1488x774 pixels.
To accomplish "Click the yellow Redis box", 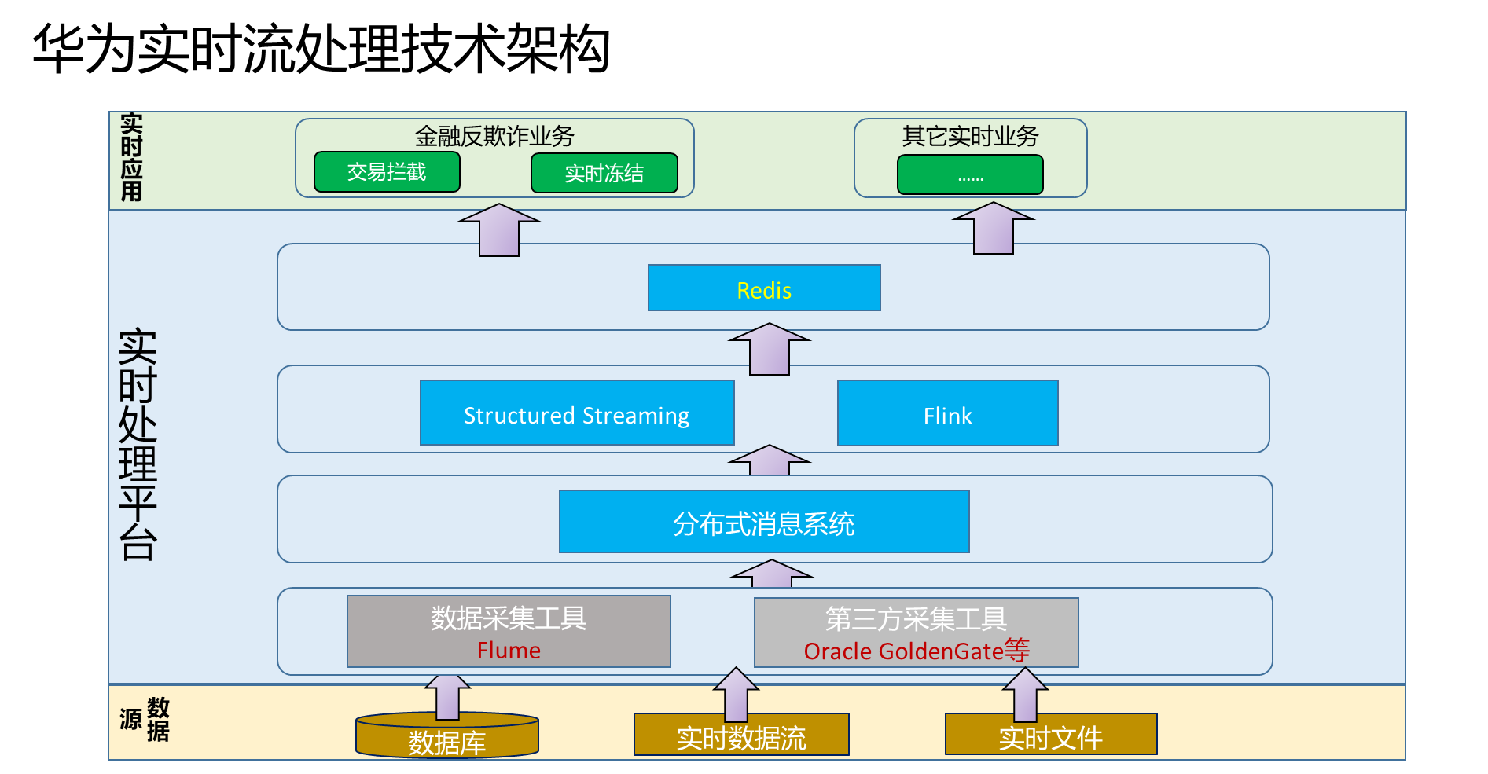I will (x=764, y=288).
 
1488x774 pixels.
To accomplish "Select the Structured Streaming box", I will (x=577, y=413).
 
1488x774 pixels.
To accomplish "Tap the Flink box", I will (x=947, y=413).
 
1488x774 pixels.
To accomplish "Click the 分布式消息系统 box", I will (x=763, y=522).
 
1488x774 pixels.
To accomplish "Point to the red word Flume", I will (x=509, y=651).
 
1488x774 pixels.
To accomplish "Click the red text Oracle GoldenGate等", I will (x=917, y=651).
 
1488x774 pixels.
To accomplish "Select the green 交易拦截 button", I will (x=387, y=172).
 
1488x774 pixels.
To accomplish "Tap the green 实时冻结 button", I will (x=604, y=173).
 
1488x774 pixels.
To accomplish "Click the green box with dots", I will (x=970, y=174).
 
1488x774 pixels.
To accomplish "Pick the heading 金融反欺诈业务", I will (x=494, y=136).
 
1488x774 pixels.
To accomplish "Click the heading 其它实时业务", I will (x=970, y=136).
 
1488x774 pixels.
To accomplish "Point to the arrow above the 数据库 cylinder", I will (x=447, y=695).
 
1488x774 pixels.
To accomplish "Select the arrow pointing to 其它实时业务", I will (x=994, y=229).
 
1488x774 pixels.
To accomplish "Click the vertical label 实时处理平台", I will (x=138, y=444).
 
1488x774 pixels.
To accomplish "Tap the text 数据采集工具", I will (x=509, y=618).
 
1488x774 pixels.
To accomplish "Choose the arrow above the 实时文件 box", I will (x=1025, y=694).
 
